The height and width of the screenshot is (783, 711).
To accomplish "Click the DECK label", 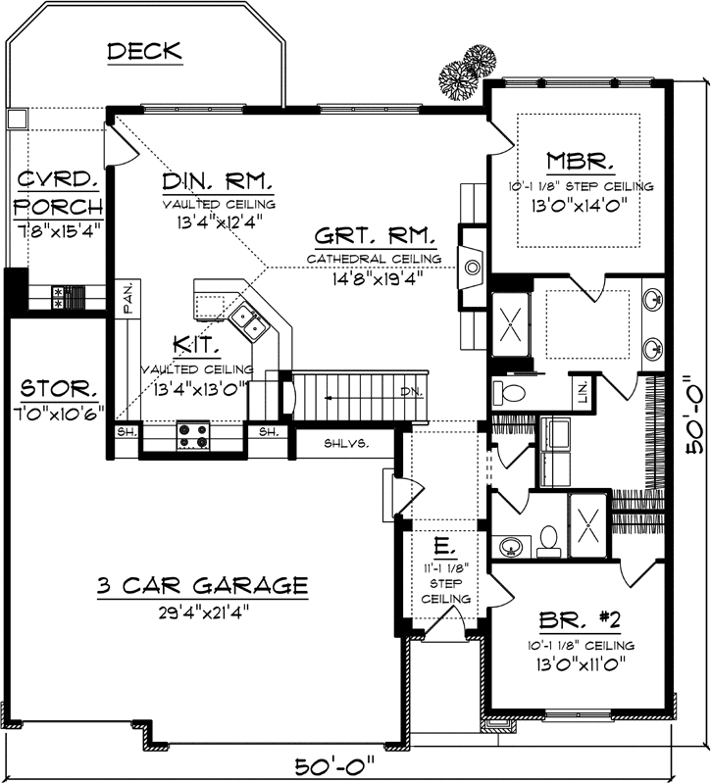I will [x=144, y=51].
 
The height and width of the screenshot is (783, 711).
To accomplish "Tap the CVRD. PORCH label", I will [x=59, y=193].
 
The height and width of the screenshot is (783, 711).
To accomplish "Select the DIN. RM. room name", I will [x=218, y=182].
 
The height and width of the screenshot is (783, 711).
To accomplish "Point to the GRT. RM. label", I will [x=375, y=237].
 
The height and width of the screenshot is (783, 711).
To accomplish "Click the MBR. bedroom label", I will [x=581, y=162].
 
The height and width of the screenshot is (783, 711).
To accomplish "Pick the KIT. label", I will [x=197, y=345].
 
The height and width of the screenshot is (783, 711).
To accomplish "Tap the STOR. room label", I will [x=58, y=387].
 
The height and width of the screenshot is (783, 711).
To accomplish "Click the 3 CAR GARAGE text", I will [x=202, y=586].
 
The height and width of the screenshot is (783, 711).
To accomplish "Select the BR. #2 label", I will [x=583, y=621].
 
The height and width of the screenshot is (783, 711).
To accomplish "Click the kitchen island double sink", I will [x=244, y=320].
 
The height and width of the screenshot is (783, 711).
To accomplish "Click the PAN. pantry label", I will [x=128, y=296].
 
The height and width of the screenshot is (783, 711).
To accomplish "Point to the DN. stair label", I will [x=409, y=394].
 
